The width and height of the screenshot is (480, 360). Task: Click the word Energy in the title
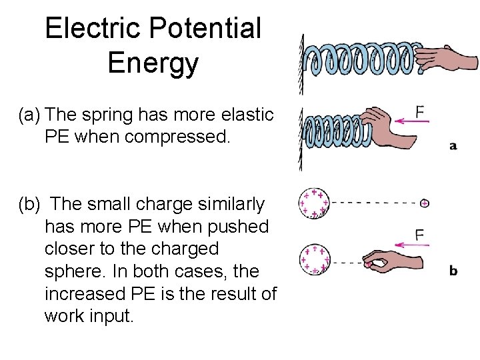[x=153, y=63]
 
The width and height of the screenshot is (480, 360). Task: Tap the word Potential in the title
[x=205, y=29]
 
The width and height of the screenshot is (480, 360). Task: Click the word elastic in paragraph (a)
[x=247, y=115]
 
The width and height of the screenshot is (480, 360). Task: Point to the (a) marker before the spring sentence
[x=31, y=115]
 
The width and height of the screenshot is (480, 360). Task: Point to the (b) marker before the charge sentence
[x=31, y=204]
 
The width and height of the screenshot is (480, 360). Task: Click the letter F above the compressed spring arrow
[x=420, y=111]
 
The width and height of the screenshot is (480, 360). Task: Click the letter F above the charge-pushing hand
[x=420, y=235]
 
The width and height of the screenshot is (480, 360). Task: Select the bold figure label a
[x=453, y=145]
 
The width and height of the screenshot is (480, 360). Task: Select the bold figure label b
[x=453, y=271]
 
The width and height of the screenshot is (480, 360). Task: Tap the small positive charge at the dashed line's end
[x=424, y=203]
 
